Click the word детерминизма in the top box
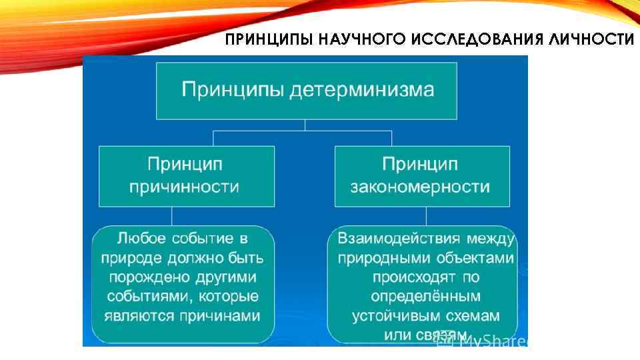pos(365,89)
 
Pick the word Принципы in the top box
pos(235,89)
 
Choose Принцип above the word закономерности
pos(420,164)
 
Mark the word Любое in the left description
pos(142,238)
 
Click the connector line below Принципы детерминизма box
pos(305,125)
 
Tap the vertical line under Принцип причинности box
pos(172,215)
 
